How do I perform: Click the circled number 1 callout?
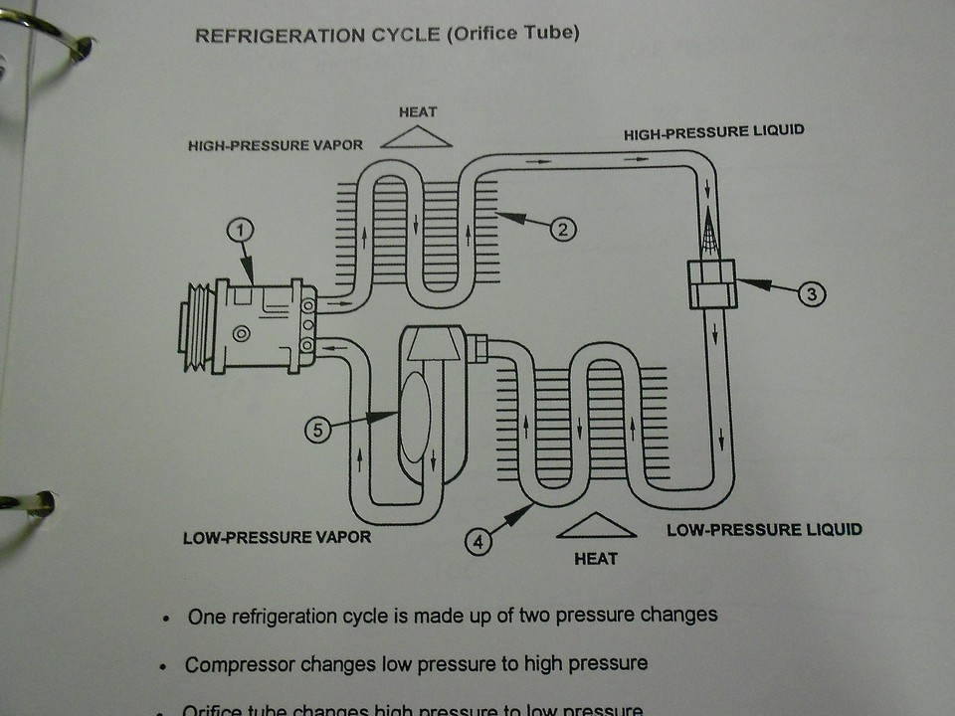[x=241, y=232]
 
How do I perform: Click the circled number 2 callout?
[x=562, y=230]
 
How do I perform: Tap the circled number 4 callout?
[x=479, y=543]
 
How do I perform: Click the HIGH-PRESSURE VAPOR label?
[x=276, y=146]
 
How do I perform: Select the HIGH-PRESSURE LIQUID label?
[x=713, y=132]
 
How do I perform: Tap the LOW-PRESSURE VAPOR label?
[x=277, y=538]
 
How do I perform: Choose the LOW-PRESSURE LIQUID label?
[x=764, y=529]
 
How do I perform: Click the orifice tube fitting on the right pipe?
[x=711, y=282]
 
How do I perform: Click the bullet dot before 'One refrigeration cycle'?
[x=167, y=618]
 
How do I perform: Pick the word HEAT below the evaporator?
[x=596, y=558]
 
